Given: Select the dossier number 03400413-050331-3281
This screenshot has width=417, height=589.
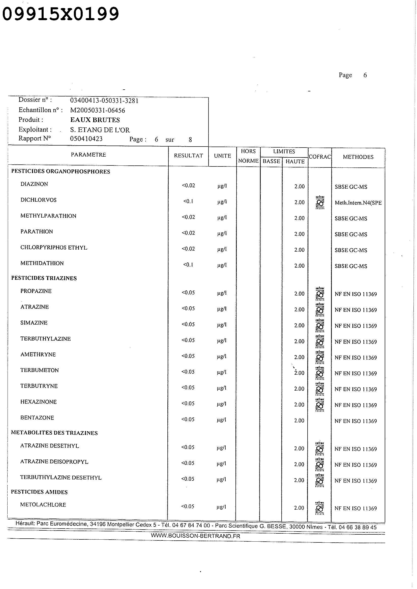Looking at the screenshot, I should tap(104, 100).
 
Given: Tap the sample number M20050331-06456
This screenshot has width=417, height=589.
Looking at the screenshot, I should tap(98, 110).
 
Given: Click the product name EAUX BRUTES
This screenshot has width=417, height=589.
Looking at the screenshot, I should tap(95, 120).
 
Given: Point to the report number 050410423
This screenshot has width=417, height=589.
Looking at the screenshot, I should tap(86, 139).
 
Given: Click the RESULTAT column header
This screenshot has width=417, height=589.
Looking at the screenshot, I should tap(189, 156).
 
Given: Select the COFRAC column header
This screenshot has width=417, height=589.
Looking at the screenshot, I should tap(320, 157).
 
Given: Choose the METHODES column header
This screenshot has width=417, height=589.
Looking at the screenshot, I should tap(358, 157).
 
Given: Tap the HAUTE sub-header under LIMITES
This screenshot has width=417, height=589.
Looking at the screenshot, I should tap(295, 161).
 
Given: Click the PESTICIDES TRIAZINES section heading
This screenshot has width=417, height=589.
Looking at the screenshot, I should tap(44, 278).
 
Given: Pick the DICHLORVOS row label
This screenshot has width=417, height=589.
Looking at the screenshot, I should tap(39, 200).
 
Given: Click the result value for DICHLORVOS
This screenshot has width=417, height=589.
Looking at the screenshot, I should tap(188, 201).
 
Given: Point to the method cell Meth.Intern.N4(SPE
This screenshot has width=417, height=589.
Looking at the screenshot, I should tap(358, 203).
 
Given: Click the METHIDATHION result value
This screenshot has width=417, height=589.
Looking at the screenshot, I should tap(188, 265).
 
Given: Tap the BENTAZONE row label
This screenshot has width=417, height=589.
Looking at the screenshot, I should tap(37, 418).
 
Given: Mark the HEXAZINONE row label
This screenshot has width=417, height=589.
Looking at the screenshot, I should tap(39, 402).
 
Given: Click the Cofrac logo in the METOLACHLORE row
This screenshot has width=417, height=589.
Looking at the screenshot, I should tap(320, 508).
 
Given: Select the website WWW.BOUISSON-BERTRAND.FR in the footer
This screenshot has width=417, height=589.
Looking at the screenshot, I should tap(195, 536).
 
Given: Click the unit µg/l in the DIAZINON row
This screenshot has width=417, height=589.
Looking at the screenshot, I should tap(222, 186).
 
